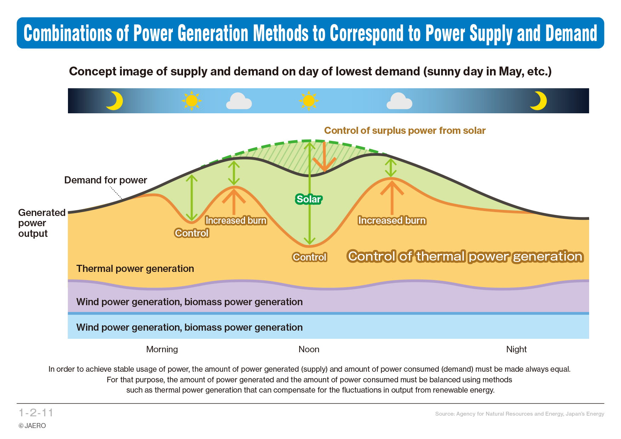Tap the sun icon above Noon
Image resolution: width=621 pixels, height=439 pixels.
click(309, 101)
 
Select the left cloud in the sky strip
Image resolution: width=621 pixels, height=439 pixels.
click(239, 101)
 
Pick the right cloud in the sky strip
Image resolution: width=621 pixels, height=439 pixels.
click(399, 101)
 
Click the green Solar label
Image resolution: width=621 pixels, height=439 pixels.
click(309, 199)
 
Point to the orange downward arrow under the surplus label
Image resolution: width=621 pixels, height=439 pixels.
click(324, 157)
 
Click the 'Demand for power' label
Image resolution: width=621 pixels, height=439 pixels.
click(106, 180)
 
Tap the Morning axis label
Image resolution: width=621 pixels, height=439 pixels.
click(162, 349)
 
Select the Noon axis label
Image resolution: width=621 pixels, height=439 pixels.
click(309, 349)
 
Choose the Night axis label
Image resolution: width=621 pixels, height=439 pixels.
click(517, 349)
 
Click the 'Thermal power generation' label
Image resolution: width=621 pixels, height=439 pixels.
click(135, 269)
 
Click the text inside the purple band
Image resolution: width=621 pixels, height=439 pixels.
click(189, 302)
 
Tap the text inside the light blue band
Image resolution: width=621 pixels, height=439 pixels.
click(189, 327)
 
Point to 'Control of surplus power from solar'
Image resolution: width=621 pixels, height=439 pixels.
click(405, 131)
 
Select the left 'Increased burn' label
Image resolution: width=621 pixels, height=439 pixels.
click(236, 221)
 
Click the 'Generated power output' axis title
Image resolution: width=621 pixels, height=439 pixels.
click(42, 223)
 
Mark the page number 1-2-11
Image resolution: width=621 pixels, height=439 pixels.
click(36, 413)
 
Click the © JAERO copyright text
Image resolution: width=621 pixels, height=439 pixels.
click(32, 426)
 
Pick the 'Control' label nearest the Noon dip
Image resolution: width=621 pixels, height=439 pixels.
click(309, 257)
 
